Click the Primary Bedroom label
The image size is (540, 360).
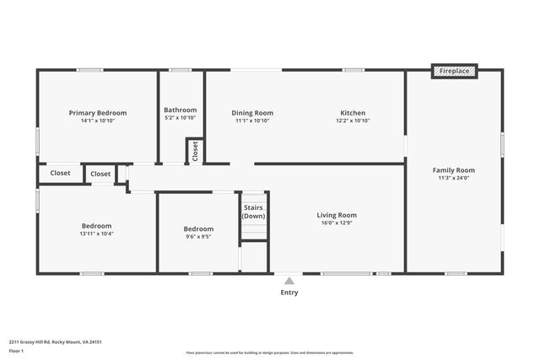98,113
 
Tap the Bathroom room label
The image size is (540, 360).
180,110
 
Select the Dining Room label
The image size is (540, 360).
253,113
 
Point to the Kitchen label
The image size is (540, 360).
353,113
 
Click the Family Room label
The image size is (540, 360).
454,169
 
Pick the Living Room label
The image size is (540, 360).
337,215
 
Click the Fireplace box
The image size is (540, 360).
454,72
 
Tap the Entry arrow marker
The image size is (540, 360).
289,281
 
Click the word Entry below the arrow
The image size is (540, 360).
289,293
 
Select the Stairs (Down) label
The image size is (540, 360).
254,212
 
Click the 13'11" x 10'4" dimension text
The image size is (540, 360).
97,234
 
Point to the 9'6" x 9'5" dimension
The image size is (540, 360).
198,237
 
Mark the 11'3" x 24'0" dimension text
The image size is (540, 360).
454,178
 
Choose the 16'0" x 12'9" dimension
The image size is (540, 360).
337,223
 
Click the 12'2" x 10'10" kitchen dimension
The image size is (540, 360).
353,121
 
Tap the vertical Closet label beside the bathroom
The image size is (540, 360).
196,151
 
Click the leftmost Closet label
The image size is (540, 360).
60,173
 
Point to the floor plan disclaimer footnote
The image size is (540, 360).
270,353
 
